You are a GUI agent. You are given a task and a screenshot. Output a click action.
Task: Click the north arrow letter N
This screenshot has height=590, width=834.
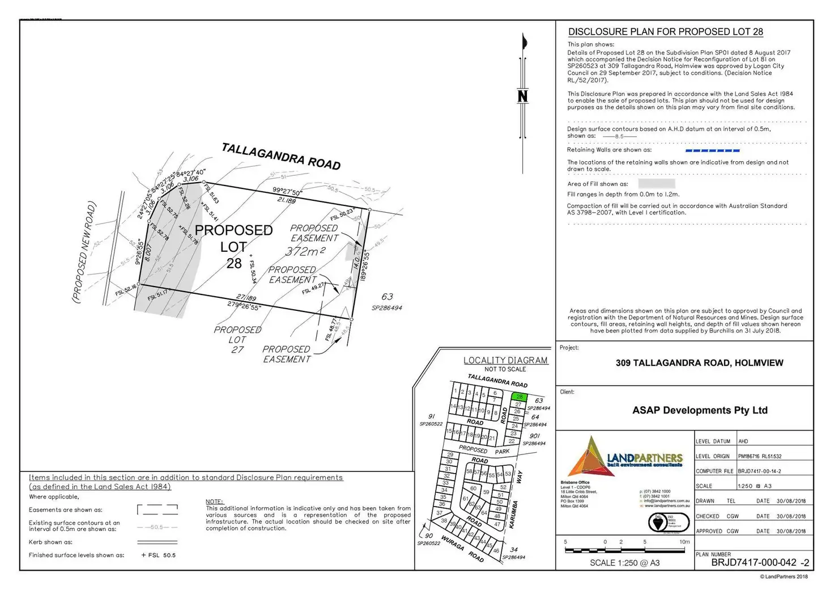point(522,96)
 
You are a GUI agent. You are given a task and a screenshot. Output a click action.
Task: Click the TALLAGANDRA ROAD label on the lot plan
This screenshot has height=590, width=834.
point(281,156)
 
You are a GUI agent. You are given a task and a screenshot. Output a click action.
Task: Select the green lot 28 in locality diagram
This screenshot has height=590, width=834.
point(519,397)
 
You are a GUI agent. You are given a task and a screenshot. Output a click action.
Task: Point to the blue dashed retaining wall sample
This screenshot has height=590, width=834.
point(712,150)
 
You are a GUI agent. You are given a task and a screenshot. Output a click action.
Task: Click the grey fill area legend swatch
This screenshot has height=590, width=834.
point(656,184)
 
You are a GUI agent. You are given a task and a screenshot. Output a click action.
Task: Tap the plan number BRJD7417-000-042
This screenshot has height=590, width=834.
point(754,563)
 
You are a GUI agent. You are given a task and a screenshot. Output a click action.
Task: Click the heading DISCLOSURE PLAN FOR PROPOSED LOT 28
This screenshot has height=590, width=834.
point(666,32)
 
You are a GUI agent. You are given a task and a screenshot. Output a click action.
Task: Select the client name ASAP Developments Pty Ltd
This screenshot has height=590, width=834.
point(700,410)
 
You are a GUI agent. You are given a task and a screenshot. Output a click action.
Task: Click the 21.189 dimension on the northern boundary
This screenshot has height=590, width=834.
point(286,200)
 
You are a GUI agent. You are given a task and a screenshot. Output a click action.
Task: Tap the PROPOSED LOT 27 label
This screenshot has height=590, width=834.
point(237,339)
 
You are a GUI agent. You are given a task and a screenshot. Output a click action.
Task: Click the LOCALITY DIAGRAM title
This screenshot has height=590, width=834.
point(505,360)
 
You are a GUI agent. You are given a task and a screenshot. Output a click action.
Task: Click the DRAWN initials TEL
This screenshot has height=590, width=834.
point(731,501)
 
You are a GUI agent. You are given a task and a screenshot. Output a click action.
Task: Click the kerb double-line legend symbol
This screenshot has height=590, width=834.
point(157,542)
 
